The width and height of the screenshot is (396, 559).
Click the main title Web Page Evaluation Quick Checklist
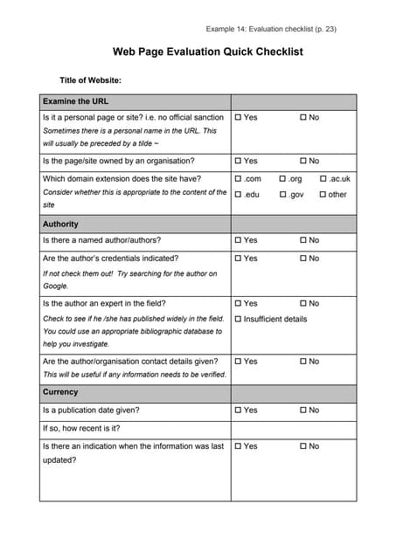[207, 52]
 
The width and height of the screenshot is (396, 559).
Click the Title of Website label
[90, 80]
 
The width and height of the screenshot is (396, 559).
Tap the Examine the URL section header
[76, 101]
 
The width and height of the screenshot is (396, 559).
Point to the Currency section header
[60, 393]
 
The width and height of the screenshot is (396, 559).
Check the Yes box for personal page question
[238, 117]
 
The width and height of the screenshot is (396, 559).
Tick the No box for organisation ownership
[303, 162]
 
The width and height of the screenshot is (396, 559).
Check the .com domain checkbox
[238, 179]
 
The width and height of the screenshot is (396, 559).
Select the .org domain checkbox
[283, 179]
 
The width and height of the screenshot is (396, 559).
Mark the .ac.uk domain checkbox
[323, 179]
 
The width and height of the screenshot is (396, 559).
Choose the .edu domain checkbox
[238, 195]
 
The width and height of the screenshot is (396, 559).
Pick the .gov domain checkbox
[283, 195]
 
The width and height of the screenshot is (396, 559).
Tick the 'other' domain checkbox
[323, 195]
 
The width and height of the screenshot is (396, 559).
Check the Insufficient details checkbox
[238, 320]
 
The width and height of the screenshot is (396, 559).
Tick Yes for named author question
[238, 240]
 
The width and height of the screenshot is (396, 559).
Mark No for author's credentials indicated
[303, 259]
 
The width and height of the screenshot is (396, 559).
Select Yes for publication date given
[238, 411]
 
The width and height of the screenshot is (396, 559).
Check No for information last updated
[303, 446]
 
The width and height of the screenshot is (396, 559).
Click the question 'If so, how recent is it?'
[81, 429]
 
